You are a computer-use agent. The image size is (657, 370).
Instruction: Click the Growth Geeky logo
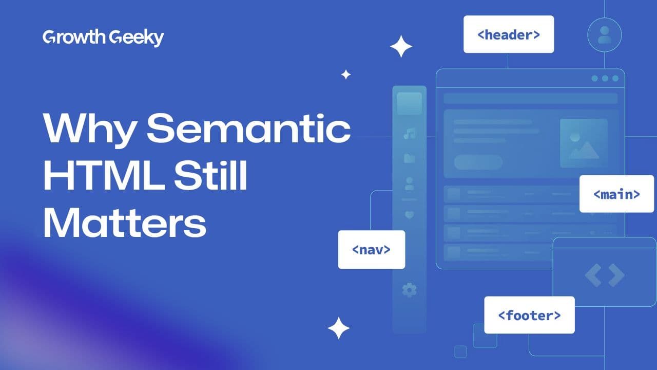(103, 38)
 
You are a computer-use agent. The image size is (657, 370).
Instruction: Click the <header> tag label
(509, 34)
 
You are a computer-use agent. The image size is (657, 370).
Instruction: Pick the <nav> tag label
(371, 249)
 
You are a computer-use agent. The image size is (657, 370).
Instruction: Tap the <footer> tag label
(529, 314)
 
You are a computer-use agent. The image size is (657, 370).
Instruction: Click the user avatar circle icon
(604, 34)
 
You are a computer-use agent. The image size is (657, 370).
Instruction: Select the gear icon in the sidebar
(409, 290)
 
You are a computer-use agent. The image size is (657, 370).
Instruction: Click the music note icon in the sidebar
(409, 134)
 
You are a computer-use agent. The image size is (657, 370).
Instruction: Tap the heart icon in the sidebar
(409, 215)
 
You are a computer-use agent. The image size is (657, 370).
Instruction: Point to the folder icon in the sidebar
(409, 158)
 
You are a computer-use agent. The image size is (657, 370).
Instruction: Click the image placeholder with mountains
(584, 143)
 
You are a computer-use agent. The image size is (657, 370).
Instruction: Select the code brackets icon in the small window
(604, 275)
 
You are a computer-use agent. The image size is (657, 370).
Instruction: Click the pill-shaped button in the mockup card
(478, 162)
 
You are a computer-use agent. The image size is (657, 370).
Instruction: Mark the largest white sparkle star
(401, 47)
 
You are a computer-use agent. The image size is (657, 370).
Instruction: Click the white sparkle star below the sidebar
(339, 328)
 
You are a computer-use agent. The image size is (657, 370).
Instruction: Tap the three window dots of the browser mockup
(605, 78)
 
